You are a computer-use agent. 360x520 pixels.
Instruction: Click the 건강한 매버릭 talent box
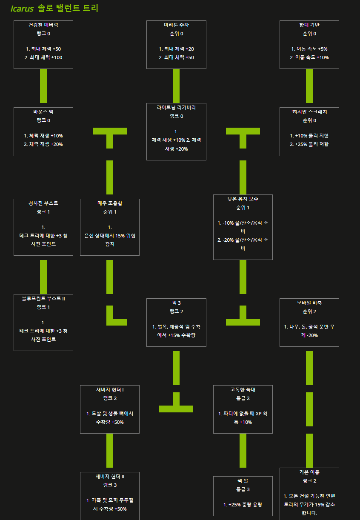coord(43,44)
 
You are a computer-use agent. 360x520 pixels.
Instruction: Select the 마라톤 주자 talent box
coord(176,44)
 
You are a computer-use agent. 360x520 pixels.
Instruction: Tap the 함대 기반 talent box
coord(309,44)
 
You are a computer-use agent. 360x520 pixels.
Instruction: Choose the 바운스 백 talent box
coord(43,131)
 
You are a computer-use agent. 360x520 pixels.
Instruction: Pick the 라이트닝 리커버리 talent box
coord(176,131)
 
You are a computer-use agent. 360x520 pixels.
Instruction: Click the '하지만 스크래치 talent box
coord(309,131)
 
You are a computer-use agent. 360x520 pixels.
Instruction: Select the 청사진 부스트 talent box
coord(43,227)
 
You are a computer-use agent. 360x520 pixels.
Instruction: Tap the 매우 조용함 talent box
coord(110,227)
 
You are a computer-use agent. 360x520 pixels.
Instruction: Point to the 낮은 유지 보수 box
coord(243,227)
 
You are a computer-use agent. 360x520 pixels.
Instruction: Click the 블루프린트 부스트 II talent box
coord(43,323)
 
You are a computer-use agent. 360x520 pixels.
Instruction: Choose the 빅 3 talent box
coord(176,323)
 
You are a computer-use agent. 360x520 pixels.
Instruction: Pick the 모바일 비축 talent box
coord(309,323)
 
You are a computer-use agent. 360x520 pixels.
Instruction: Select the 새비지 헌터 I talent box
coord(110,409)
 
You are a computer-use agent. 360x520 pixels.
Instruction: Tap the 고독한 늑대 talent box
coord(243,409)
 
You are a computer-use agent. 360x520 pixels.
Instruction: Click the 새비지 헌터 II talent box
coord(110,496)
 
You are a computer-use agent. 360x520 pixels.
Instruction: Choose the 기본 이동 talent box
coord(309,494)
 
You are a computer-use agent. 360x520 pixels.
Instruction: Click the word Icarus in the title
coord(22,9)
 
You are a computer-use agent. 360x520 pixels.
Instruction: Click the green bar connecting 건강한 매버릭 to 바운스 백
coord(43,86)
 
